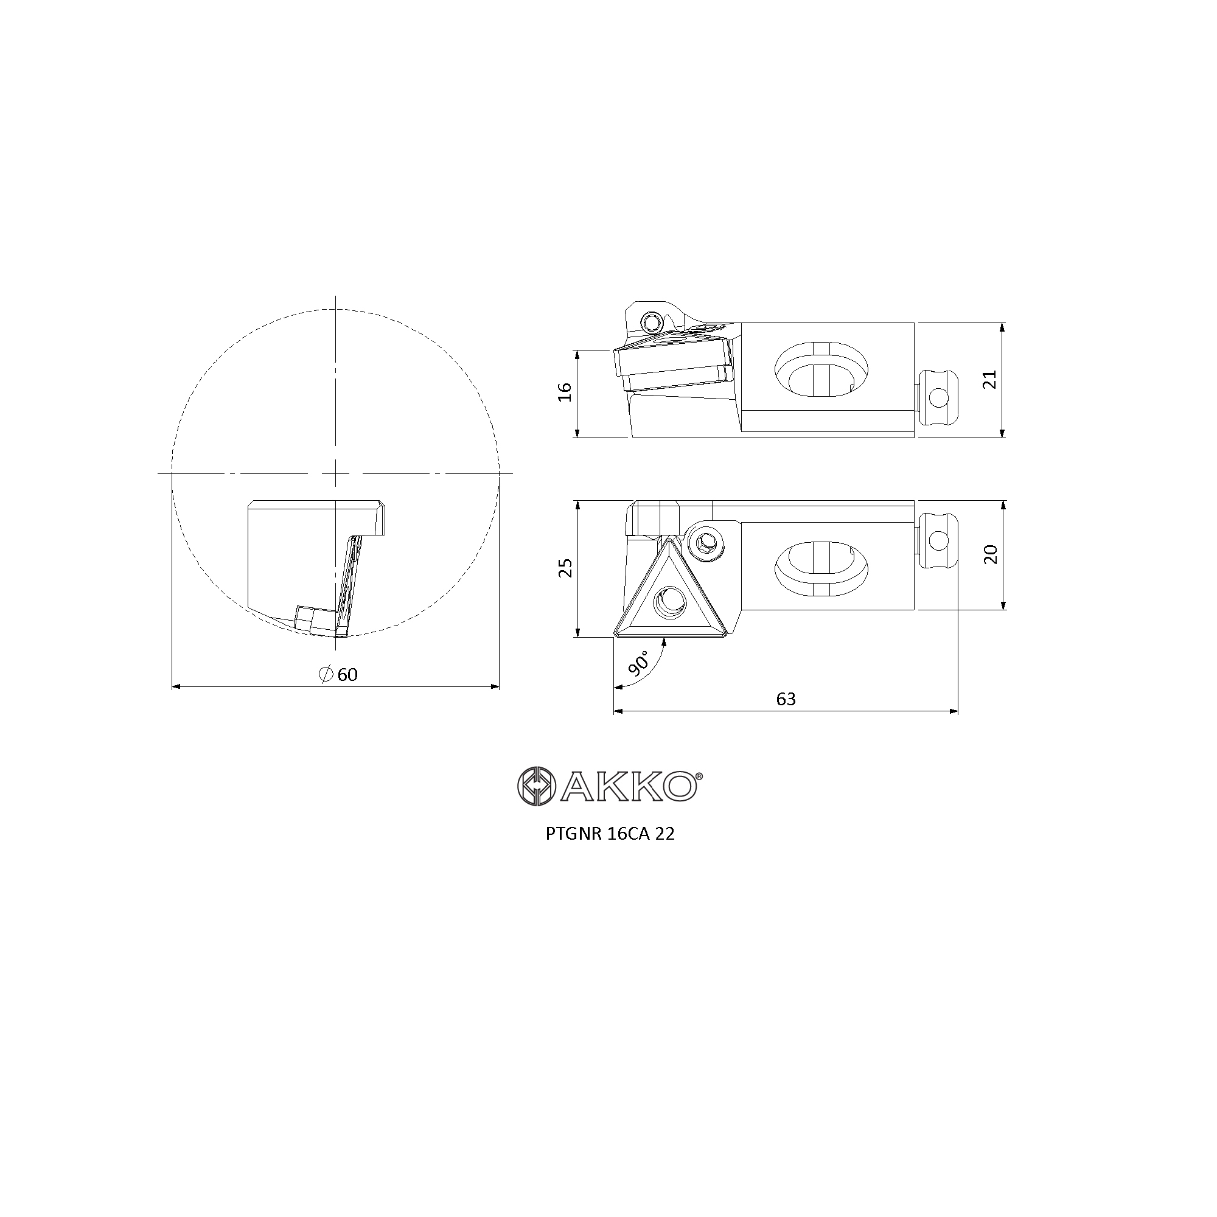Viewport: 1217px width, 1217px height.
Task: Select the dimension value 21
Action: (x=991, y=378)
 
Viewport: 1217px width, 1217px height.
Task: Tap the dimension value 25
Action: (x=567, y=568)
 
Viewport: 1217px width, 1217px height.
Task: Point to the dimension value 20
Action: (x=991, y=554)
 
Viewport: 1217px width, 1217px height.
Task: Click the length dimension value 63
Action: (x=786, y=699)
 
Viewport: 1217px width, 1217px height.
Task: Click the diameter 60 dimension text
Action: (x=339, y=675)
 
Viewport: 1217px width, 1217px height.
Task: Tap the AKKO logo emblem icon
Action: (x=535, y=786)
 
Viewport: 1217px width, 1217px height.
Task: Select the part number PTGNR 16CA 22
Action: (x=610, y=834)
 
